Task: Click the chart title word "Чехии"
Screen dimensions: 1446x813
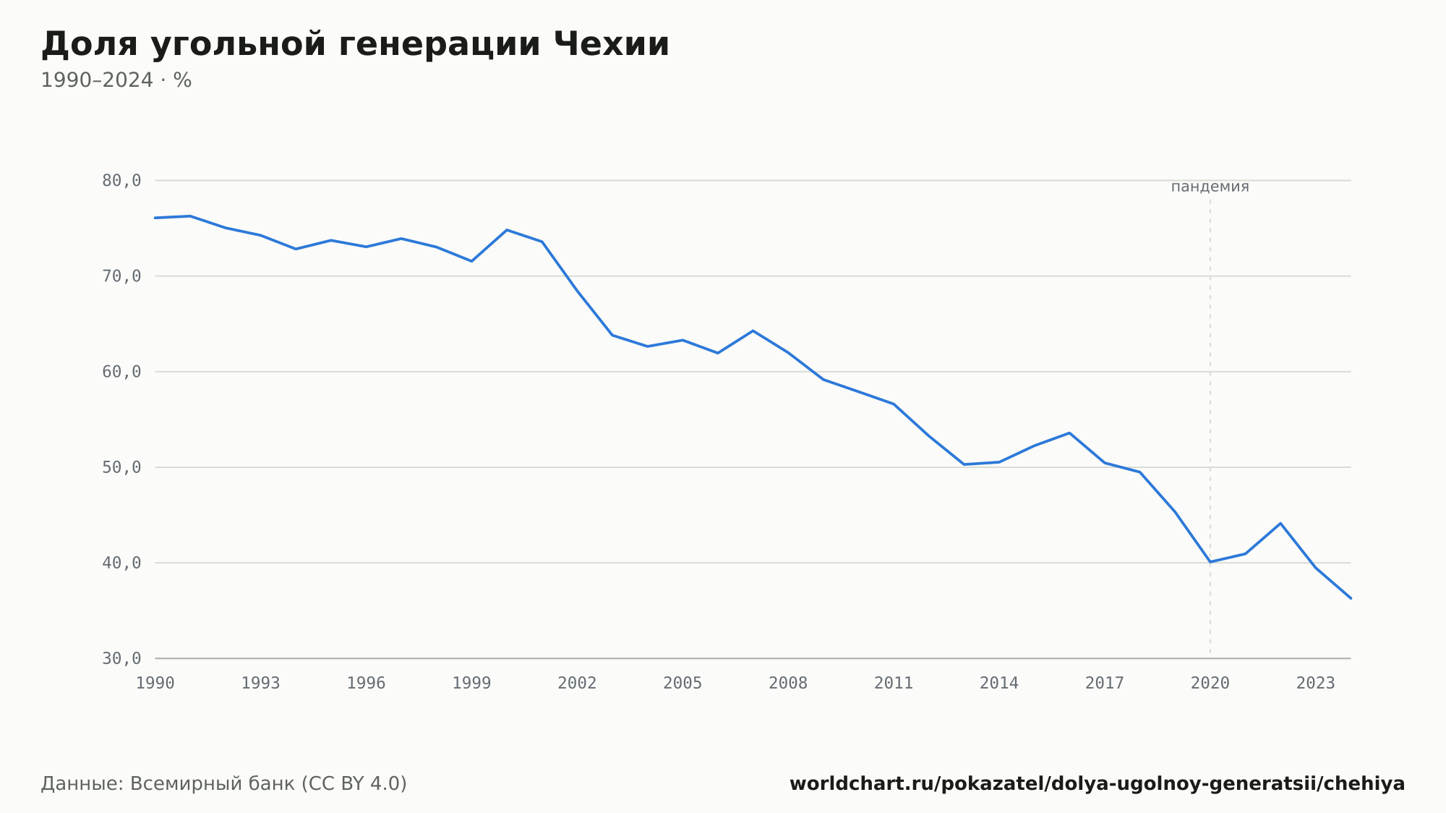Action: [x=612, y=44]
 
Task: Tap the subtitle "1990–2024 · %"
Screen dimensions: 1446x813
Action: [x=116, y=80]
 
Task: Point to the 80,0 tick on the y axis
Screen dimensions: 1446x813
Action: [x=121, y=181]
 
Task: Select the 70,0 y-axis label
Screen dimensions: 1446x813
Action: [x=121, y=276]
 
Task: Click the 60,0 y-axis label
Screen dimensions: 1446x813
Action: [x=121, y=372]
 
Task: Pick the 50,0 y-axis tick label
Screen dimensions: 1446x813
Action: [x=121, y=467]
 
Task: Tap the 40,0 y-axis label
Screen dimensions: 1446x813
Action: [x=121, y=563]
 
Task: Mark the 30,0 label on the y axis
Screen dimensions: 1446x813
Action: [x=121, y=658]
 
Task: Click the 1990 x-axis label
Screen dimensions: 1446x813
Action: [x=155, y=684]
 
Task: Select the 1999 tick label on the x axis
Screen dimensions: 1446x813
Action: [x=471, y=684]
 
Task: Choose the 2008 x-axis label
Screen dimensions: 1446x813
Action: [x=788, y=684]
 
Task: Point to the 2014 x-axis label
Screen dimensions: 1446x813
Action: [x=999, y=684]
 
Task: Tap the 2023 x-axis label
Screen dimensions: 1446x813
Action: [x=1316, y=684]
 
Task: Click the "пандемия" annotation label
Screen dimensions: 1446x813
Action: [x=1210, y=187]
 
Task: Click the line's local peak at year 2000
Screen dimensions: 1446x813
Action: [x=507, y=230]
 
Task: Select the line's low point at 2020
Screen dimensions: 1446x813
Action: [x=1210, y=562]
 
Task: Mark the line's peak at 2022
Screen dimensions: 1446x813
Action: [x=1280, y=523]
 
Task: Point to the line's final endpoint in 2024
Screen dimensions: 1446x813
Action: [x=1351, y=598]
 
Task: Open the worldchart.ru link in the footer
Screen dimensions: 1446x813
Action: [x=1098, y=784]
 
